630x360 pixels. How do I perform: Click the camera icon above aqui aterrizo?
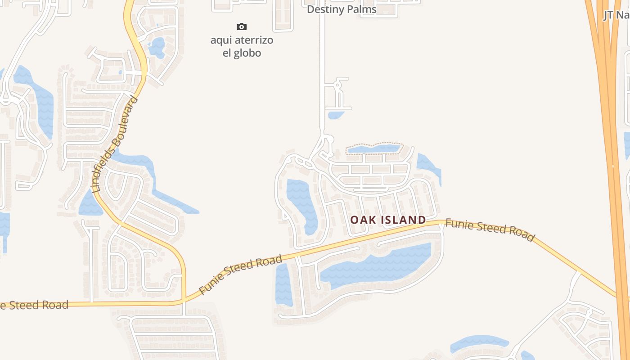242,27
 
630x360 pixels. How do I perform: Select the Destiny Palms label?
341,9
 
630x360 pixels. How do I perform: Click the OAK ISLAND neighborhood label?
388,220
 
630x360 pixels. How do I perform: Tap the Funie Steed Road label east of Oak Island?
490,230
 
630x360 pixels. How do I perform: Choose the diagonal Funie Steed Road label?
241,274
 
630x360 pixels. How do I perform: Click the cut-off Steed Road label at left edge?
34,305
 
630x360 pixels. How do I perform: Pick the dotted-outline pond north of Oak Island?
373,148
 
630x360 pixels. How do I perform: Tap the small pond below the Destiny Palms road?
335,115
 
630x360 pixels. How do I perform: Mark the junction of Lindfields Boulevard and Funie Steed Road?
184,300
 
